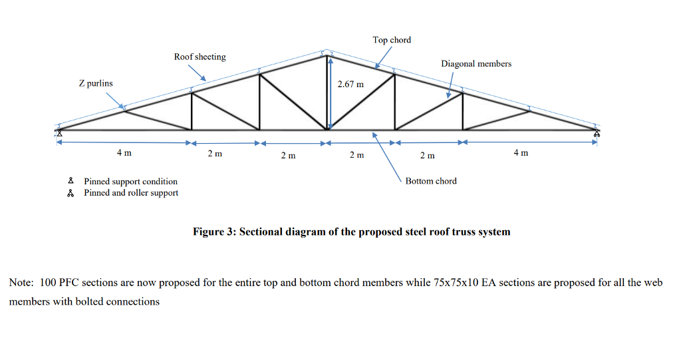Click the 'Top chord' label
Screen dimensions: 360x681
coord(392,40)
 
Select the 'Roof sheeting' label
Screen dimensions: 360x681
coord(200,57)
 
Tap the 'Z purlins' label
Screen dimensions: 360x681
coord(96,83)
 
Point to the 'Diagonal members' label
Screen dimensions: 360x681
coord(476,63)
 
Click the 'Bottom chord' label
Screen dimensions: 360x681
coord(431,181)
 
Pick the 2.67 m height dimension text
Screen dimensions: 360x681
coord(350,85)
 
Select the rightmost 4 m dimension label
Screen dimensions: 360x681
coord(521,153)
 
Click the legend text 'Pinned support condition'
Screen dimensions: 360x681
coord(130,181)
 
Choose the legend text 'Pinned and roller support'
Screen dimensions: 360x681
coord(131,193)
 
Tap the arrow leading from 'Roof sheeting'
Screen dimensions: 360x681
coord(197,73)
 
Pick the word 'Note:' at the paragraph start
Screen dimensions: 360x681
coord(21,282)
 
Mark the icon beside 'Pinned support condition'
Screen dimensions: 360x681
coord(70,181)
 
